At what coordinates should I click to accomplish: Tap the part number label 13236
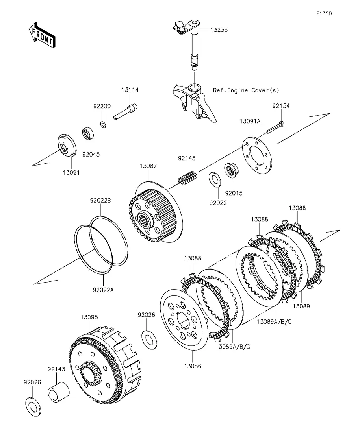pos(219,30)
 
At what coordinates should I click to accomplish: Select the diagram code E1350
pos(323,13)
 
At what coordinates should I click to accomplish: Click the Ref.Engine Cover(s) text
pos(246,90)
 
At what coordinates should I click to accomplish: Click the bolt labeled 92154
pos(275,127)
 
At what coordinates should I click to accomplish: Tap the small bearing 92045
pos(87,133)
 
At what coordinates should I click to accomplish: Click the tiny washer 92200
pos(103,125)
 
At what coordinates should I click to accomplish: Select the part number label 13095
pos(89,317)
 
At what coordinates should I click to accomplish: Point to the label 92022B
pos(100,201)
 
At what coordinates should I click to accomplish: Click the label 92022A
pos(103,290)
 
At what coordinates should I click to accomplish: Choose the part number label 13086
pos(192,366)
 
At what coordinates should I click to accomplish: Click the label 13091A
pos(250,122)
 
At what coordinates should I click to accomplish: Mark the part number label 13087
pos(148,166)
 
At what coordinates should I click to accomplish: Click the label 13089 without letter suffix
pos(301,306)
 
